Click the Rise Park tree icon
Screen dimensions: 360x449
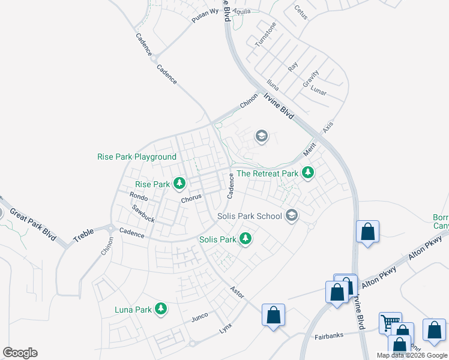coord(179,182)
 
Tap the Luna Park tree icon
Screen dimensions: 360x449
coord(160,308)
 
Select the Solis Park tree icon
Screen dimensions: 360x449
coord(245,238)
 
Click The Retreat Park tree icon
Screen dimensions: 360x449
coord(308,173)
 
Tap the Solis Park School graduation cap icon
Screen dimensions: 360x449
coord(292,215)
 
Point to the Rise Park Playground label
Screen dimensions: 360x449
coord(137,157)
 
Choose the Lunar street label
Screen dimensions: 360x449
coord(319,92)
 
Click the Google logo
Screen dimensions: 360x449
coord(20,352)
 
